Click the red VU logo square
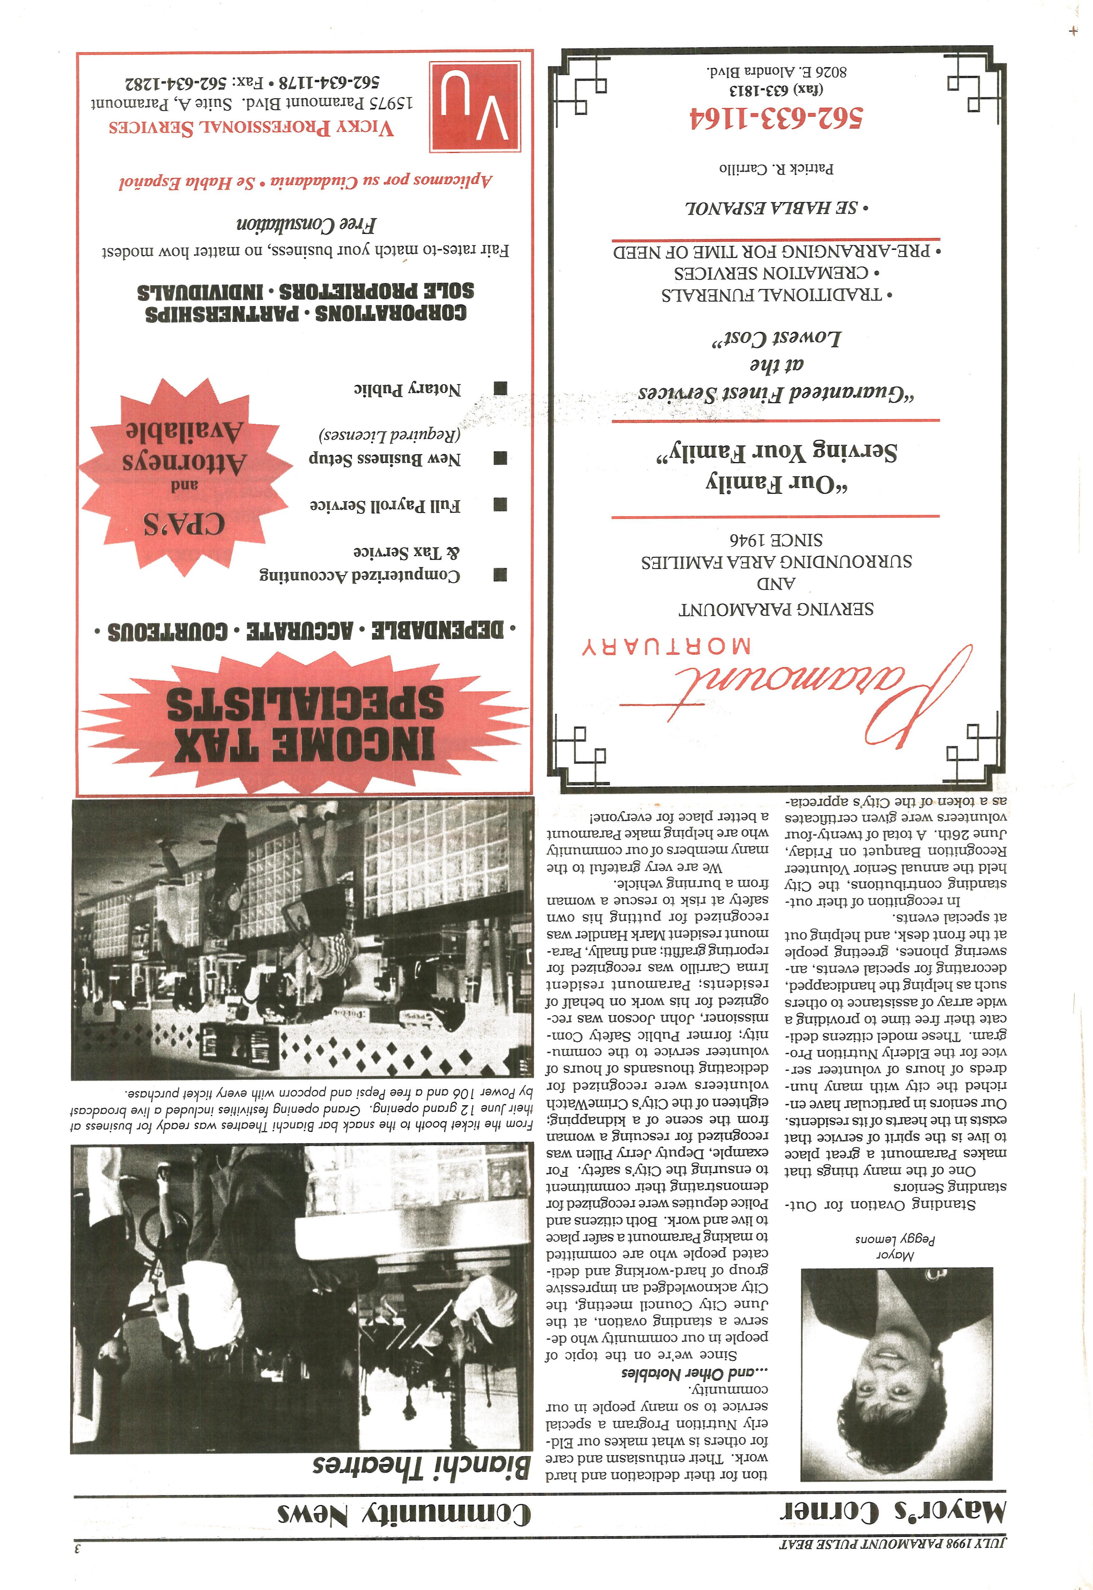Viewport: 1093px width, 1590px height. [474, 106]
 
